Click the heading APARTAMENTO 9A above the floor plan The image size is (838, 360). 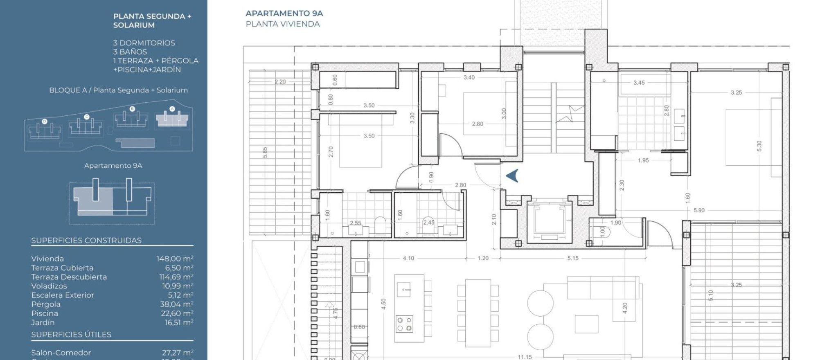[284, 13]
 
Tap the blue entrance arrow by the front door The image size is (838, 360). [513, 175]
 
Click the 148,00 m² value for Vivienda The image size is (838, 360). [175, 259]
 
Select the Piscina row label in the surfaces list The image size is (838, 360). [45, 313]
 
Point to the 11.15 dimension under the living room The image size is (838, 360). [525, 357]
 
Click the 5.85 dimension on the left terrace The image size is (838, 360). [265, 153]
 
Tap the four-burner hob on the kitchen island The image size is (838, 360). [404, 324]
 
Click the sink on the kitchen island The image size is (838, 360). [404, 290]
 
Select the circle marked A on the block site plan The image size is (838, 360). [172, 109]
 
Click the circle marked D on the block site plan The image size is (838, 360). [45, 122]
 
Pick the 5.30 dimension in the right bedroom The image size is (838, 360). [759, 146]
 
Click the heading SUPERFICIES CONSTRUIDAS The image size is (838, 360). [86, 241]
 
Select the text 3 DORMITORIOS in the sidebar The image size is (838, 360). [144, 43]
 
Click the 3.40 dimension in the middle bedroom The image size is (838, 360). [469, 77]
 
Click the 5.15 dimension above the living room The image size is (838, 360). [573, 258]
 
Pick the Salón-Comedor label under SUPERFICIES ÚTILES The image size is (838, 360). [61, 353]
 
